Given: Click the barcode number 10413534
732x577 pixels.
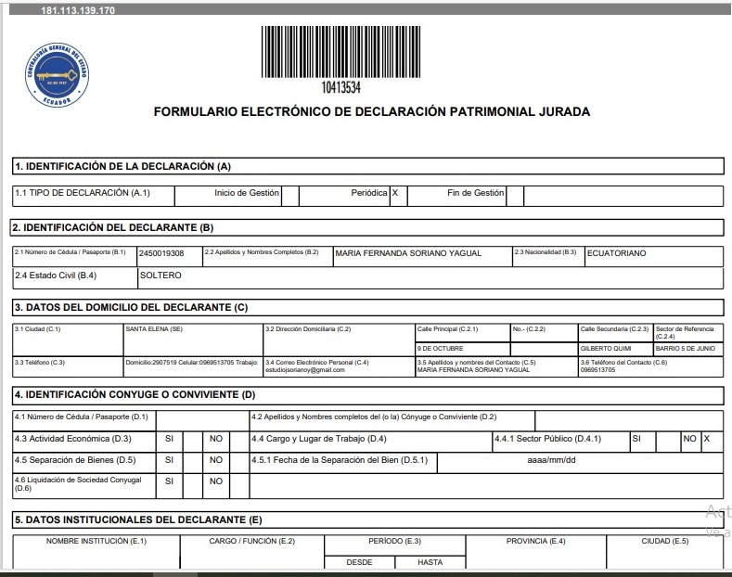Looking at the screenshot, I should pyautogui.click(x=340, y=88).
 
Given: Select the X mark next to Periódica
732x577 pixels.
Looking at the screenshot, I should pyautogui.click(x=395, y=194).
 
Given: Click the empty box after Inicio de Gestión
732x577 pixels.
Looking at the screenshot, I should pyautogui.click(x=289, y=195).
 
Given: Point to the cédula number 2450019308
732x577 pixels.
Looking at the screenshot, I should pyautogui.click(x=162, y=253).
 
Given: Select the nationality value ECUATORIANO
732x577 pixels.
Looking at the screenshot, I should pyautogui.click(x=617, y=253).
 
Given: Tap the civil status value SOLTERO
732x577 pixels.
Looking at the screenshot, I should pyautogui.click(x=161, y=276).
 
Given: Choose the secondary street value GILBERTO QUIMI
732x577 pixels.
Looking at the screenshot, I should pyautogui.click(x=605, y=349).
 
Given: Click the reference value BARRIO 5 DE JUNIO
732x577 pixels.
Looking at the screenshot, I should pyautogui.click(x=686, y=349).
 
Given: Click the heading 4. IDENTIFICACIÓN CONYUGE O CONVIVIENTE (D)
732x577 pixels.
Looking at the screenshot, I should pyautogui.click(x=135, y=395).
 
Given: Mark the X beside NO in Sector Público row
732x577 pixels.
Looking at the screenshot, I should pyautogui.click(x=707, y=438).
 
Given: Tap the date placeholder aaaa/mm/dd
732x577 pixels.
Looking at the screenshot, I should pyautogui.click(x=552, y=460).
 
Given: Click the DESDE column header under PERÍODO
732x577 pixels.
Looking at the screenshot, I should pyautogui.click(x=359, y=562).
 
